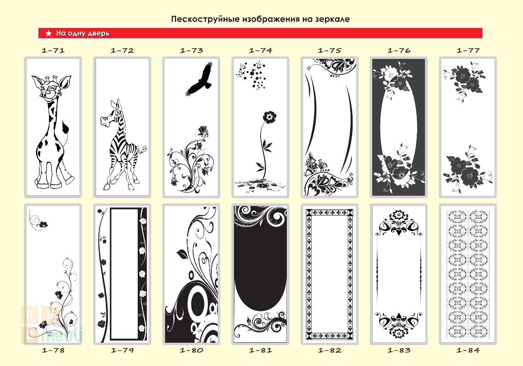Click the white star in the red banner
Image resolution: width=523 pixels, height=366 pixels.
(x=49, y=33)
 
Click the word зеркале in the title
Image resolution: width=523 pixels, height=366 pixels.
(x=333, y=19)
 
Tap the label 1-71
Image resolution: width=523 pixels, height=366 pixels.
(x=53, y=50)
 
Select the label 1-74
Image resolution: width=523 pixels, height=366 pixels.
(x=260, y=50)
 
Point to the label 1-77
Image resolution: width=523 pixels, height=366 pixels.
(x=468, y=50)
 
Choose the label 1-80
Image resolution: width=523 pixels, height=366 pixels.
(x=192, y=350)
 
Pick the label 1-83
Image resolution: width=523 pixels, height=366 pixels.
(x=399, y=350)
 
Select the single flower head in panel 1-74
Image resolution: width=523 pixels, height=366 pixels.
(x=270, y=117)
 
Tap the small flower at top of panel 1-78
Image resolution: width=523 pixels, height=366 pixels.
(x=43, y=225)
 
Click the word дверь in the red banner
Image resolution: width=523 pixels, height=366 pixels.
(x=99, y=34)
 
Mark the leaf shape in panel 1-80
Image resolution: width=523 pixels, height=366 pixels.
(x=182, y=254)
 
